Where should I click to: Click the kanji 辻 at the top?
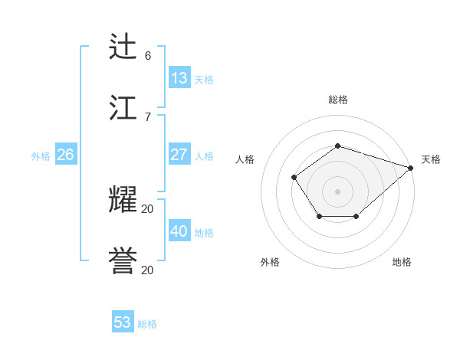click(123, 47)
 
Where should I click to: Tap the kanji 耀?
click(123, 200)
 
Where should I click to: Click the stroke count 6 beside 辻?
click(148, 55)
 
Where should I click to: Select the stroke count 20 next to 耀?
click(148, 208)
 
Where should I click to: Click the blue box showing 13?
click(179, 77)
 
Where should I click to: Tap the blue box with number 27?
click(179, 155)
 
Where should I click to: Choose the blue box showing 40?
click(179, 231)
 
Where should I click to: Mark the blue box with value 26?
click(65, 155)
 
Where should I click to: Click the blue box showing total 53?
click(123, 322)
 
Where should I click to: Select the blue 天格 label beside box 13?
click(204, 79)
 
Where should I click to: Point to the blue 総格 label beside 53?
click(147, 324)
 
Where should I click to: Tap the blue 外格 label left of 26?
click(41, 156)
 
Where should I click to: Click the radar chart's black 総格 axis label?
click(338, 100)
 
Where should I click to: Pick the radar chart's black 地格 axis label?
click(402, 262)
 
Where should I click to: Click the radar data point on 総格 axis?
click(338, 146)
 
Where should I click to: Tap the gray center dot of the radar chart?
click(338, 191)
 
